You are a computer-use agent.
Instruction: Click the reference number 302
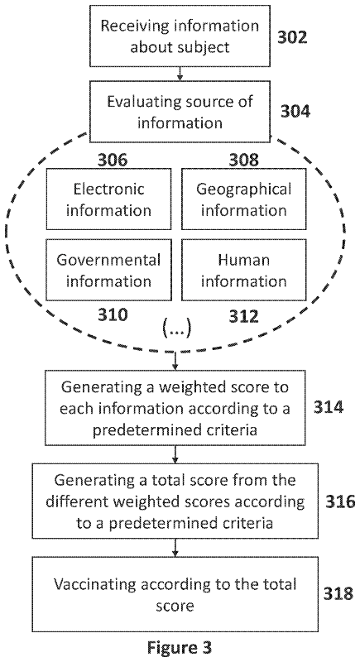point(292,37)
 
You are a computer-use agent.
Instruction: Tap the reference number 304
point(295,112)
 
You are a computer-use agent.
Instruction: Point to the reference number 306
point(113,160)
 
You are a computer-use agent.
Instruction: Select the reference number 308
point(243,160)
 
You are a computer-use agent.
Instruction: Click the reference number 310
point(113,315)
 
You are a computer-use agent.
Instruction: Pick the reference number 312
point(243,315)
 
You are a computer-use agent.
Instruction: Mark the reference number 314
point(329,407)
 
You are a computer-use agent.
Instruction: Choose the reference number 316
point(340,502)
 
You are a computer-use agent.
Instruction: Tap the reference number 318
point(338,593)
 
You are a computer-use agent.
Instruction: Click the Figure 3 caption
point(180,647)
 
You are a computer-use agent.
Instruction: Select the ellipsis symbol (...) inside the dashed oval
point(177,329)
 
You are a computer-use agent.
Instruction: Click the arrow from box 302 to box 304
point(180,74)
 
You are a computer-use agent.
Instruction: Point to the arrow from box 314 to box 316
point(175,453)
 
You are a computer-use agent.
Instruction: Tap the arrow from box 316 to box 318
point(175,548)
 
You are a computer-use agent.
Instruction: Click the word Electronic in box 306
point(109,189)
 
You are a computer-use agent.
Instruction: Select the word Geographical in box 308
point(244,189)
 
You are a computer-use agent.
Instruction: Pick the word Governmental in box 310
point(109,260)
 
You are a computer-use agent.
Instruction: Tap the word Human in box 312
point(244,260)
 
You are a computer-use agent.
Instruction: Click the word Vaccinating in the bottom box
point(95,585)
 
